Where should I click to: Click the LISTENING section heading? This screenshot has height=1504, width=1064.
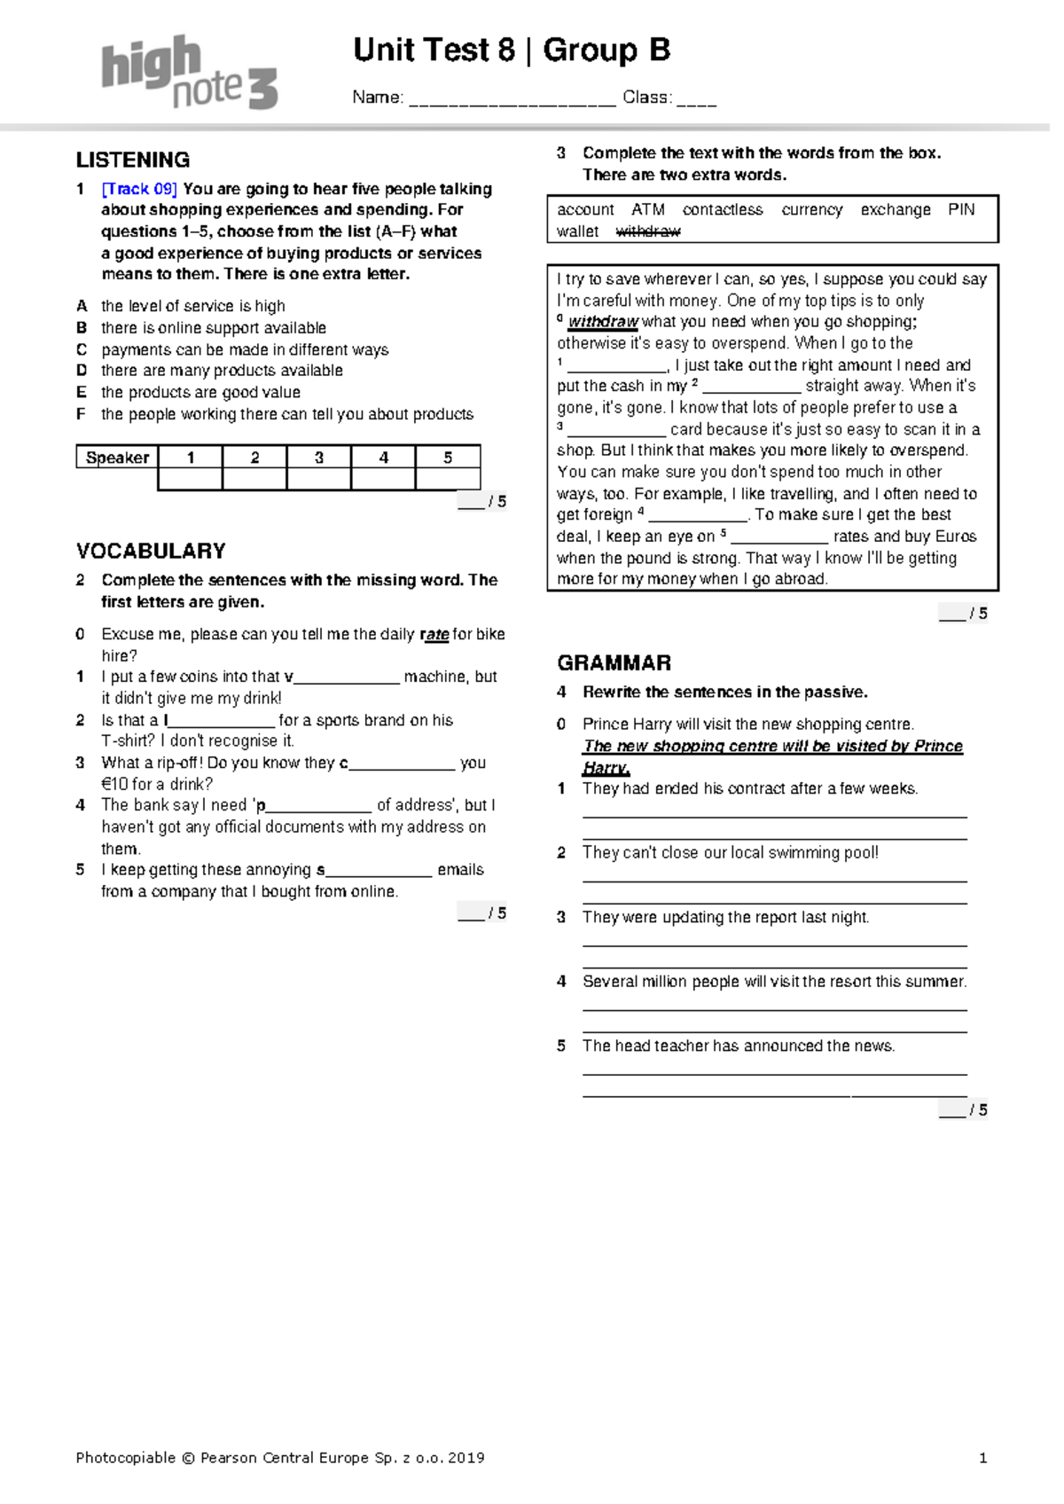[x=133, y=161]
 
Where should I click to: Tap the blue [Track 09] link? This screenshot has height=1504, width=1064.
[x=139, y=189]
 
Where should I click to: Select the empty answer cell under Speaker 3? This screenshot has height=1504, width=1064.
[x=319, y=480]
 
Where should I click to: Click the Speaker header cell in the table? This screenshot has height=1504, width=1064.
[x=117, y=458]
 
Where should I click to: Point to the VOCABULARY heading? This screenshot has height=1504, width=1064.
[x=151, y=552]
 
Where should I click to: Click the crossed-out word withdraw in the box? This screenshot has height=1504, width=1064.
[x=648, y=231]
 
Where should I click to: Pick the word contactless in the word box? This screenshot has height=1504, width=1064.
[x=723, y=210]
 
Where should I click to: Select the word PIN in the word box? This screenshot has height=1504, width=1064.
[x=961, y=210]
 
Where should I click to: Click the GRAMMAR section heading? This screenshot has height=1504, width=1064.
[x=614, y=663]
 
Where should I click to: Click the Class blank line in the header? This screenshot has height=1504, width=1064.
[x=697, y=99]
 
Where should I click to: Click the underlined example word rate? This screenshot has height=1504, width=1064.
[x=434, y=635]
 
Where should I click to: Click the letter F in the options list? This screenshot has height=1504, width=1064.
[x=81, y=414]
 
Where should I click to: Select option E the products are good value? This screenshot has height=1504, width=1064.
[x=200, y=393]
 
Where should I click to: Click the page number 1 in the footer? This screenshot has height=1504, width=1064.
[x=982, y=1458]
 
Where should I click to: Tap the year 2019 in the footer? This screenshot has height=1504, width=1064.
[x=466, y=1458]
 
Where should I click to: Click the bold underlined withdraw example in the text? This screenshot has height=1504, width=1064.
[x=603, y=322]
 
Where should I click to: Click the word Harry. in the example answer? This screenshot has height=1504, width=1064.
[x=606, y=768]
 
